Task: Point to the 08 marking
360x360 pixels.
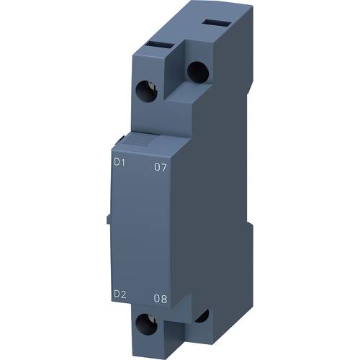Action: [163, 295]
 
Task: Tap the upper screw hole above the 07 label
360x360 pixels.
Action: [195, 70]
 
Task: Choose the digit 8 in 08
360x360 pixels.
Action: [167, 295]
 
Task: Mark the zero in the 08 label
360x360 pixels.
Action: [159, 295]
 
